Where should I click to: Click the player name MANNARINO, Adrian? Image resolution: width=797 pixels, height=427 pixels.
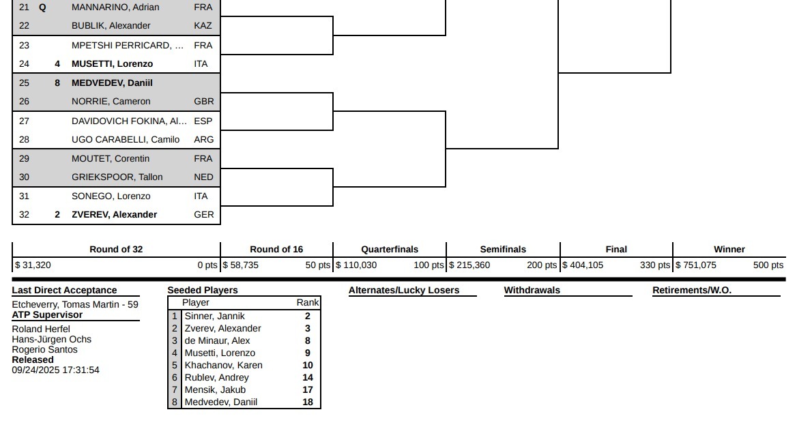point(115,7)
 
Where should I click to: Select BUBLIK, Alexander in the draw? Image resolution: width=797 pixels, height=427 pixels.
point(111,25)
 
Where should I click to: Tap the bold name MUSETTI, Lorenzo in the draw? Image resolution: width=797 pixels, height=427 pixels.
point(113,63)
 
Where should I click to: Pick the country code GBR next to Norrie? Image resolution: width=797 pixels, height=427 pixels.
point(204,101)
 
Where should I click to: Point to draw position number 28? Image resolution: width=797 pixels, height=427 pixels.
point(24,139)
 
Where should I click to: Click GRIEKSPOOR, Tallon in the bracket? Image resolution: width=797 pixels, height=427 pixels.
point(117,177)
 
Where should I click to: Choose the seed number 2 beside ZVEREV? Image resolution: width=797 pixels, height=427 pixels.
point(57,214)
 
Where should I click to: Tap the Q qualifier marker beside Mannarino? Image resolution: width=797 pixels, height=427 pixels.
point(43,8)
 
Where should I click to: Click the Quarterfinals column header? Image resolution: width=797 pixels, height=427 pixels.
point(390,249)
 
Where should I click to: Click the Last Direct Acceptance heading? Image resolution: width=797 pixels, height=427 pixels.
point(65,291)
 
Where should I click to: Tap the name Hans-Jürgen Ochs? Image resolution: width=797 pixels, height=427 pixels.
point(52,339)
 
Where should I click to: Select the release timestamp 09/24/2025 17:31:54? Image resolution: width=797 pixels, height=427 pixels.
point(56,370)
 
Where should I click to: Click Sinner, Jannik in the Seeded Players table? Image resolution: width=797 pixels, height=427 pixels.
point(214,316)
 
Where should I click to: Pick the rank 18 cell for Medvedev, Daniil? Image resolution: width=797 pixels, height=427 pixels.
point(308,402)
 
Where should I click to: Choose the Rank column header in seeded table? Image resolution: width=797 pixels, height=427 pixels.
point(308,302)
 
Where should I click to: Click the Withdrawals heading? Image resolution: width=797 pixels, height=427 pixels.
point(532,291)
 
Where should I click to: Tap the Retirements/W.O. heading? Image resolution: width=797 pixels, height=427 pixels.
point(692,291)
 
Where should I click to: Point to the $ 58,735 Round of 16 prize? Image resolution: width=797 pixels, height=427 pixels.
point(241,265)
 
